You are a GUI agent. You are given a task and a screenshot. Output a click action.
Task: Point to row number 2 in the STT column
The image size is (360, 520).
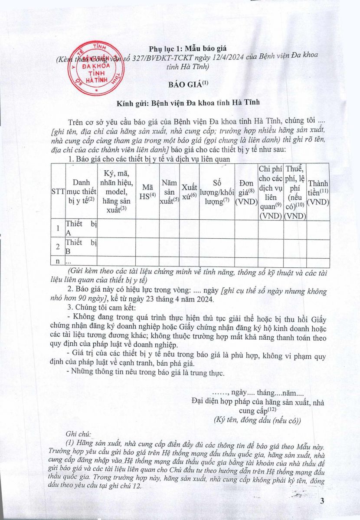pyautogui.click(x=58, y=247)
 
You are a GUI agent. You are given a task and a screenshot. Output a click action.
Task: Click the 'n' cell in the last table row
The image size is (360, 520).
pyautogui.click(x=58, y=261)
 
